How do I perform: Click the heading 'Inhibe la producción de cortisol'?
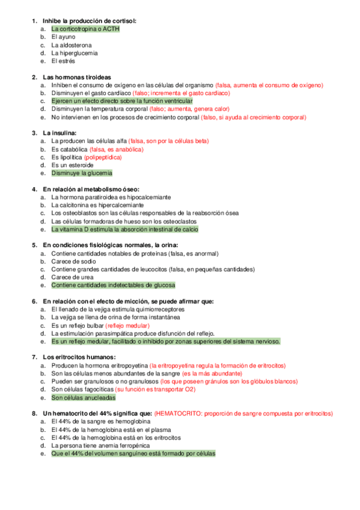(x=90, y=20)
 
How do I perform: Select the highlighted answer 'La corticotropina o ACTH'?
(x=86, y=28)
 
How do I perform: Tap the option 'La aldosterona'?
(x=72, y=45)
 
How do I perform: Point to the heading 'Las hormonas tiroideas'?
(x=77, y=77)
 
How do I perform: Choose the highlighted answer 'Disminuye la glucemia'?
(x=82, y=173)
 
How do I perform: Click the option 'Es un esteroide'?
(x=72, y=165)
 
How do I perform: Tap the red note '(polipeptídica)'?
(x=103, y=157)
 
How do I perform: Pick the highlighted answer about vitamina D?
(x=124, y=229)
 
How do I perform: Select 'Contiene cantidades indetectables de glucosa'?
(x=113, y=286)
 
